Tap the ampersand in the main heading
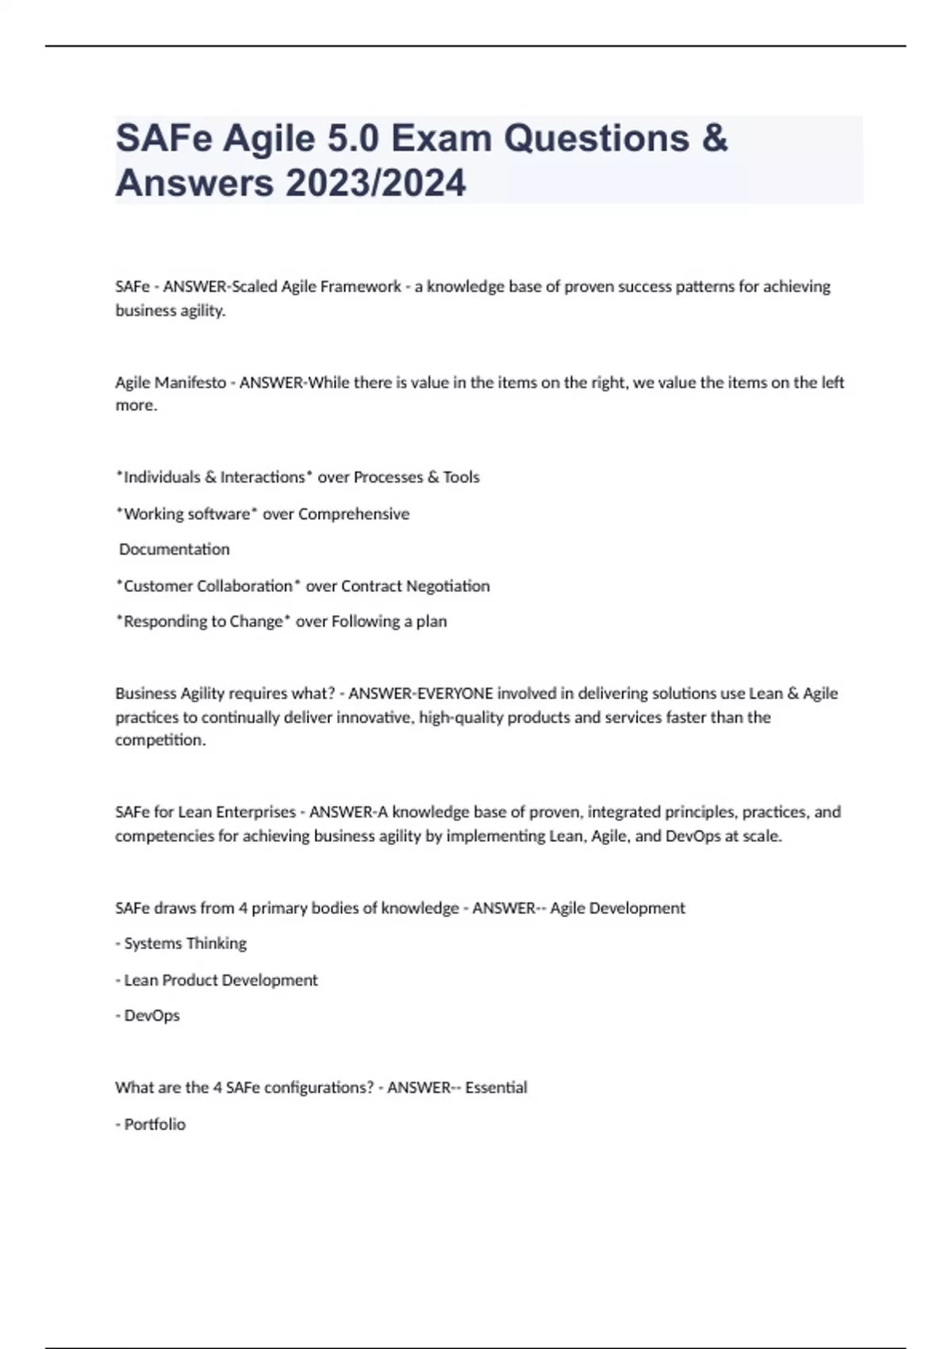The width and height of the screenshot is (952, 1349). coord(715,139)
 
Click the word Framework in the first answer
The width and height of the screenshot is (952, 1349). coord(364,286)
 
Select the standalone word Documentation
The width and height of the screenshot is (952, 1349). coord(175,549)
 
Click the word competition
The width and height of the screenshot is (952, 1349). coord(159,740)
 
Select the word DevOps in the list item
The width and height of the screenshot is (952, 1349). coord(152,1016)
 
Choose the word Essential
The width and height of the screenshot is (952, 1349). coord(496,1087)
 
